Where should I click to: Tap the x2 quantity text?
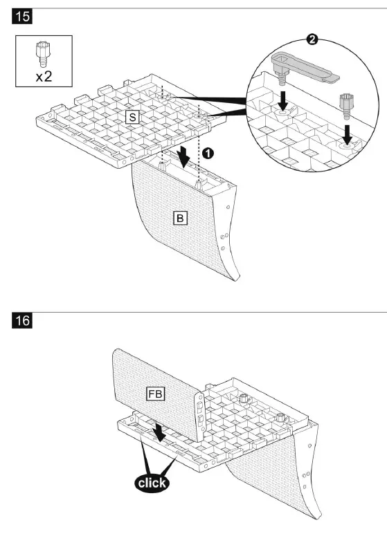click(x=43, y=75)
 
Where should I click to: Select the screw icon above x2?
click(x=42, y=53)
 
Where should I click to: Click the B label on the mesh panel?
click(x=180, y=219)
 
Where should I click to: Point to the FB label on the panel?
click(x=156, y=394)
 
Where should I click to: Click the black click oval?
click(x=152, y=482)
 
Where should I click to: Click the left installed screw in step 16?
click(x=244, y=398)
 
